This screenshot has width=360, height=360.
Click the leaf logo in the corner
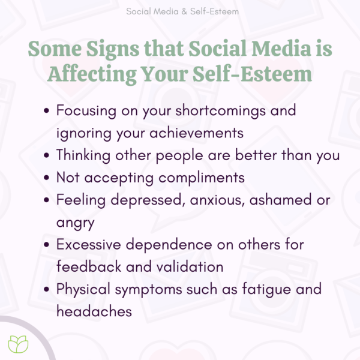[17, 343]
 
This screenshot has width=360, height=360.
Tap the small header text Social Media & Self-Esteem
[179, 11]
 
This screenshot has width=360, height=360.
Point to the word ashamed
[280, 200]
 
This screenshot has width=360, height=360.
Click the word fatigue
[267, 289]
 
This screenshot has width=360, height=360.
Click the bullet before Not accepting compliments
[47, 178]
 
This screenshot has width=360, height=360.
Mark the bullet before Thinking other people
[47, 155]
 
